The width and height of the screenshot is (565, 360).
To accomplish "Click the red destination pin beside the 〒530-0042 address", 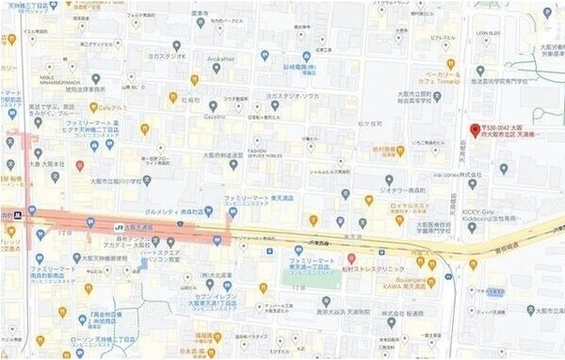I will point(475,130).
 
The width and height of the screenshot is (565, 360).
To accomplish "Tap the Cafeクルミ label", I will point(113,107).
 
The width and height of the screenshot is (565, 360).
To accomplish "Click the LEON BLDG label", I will point(488,34).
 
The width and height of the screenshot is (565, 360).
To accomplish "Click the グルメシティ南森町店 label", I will point(176,212).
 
